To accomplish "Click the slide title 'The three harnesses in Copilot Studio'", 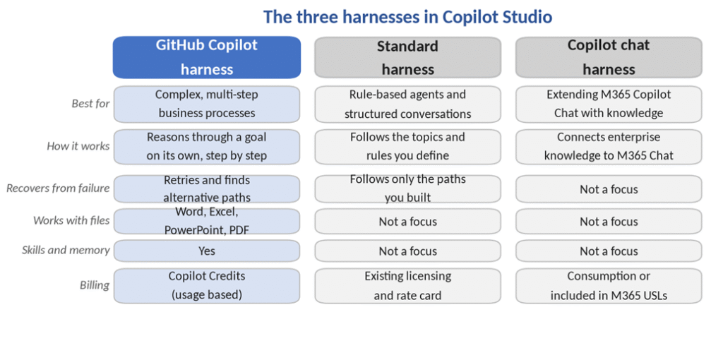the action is tap(407, 17).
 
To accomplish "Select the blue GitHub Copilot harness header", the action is tap(207, 58).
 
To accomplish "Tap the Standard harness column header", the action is tap(407, 58).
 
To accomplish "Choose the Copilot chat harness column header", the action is tap(609, 58).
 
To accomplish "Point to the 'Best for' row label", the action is tap(91, 104).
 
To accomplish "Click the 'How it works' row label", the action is tap(78, 147).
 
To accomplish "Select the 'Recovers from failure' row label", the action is tap(58, 188).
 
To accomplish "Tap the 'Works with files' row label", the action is tap(71, 220).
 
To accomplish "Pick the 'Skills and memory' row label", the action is tap(66, 251).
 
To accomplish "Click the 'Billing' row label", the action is tap(95, 285).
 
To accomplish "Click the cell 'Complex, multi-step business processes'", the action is tap(207, 104).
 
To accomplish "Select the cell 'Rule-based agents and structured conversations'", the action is tap(407, 104).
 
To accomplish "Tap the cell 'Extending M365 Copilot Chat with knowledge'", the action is tap(609, 104).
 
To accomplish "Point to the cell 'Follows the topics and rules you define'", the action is tap(407, 147).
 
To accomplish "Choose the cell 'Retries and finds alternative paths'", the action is tap(207, 188).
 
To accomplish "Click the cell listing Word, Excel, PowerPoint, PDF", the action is tap(207, 221).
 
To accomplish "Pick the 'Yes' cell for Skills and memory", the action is tap(207, 251).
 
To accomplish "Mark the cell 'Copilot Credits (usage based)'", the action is tap(207, 286).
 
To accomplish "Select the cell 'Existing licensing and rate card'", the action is tap(407, 286).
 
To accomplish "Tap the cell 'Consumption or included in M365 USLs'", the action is tap(609, 286).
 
